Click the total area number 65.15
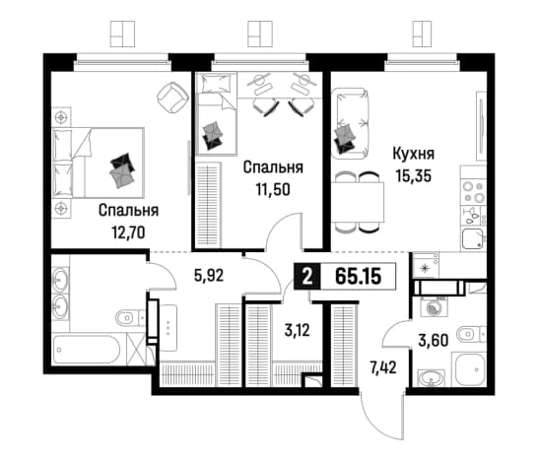[359, 277]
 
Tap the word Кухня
[414, 154]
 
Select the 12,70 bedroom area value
[128, 232]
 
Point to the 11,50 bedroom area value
[273, 189]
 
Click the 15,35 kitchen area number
[414, 176]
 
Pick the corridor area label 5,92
[209, 275]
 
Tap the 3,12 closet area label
[298, 330]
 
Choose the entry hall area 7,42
[383, 368]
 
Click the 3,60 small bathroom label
[434, 341]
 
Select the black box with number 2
[307, 277]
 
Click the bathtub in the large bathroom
[87, 350]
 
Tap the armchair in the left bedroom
[173, 99]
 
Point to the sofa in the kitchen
[351, 123]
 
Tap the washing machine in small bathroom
[433, 306]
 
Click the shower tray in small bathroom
[470, 369]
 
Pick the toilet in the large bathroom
[131, 317]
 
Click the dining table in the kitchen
[358, 203]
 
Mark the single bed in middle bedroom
[217, 113]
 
